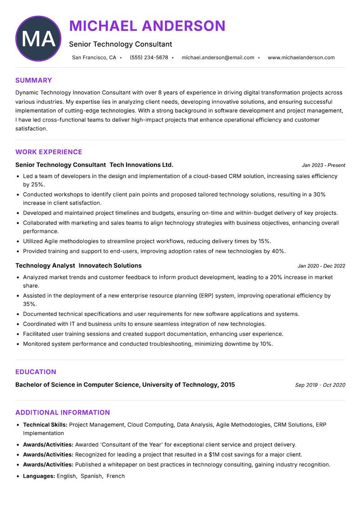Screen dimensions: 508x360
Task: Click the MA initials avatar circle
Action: (x=38, y=39)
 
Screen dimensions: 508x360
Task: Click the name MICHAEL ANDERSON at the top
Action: (x=147, y=26)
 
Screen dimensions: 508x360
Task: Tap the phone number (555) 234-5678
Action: (x=148, y=58)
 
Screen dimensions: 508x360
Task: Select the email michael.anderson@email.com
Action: (x=218, y=58)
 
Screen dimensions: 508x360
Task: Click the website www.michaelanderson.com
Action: (x=301, y=58)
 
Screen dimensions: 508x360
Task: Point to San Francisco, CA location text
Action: (x=94, y=58)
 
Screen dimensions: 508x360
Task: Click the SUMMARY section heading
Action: (x=34, y=80)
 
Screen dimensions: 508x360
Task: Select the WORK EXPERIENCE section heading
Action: (x=49, y=152)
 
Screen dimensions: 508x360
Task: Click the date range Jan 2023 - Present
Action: (x=323, y=165)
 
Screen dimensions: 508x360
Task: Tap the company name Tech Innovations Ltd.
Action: (x=141, y=165)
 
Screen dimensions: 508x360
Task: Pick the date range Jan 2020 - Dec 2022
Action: (x=321, y=266)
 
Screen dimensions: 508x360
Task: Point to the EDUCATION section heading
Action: (x=36, y=372)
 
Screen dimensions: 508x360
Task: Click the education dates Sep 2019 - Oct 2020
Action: (x=320, y=385)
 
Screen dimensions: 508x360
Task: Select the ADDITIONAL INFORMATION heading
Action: (x=63, y=412)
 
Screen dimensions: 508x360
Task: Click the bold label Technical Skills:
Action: (x=45, y=424)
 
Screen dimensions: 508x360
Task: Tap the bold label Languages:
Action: (x=39, y=476)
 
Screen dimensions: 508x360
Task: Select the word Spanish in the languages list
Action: (x=91, y=476)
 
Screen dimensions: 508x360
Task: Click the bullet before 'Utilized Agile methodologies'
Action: (x=18, y=241)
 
